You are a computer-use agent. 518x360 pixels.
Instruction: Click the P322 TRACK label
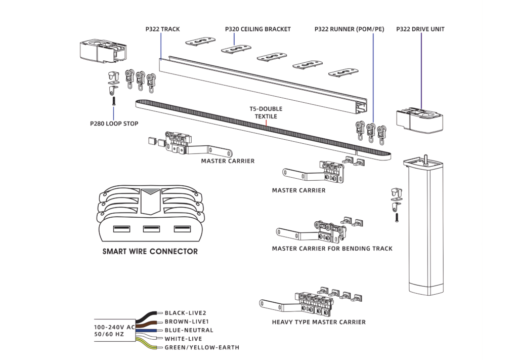(x=162, y=29)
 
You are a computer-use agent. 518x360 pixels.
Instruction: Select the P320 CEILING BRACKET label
(x=257, y=29)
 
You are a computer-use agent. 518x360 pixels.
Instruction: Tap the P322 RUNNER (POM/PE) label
(x=349, y=29)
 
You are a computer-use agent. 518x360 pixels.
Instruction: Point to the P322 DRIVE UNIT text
(x=420, y=29)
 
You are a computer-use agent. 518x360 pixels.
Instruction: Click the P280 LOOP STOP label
(x=114, y=124)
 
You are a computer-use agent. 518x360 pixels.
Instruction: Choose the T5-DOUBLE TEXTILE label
(x=266, y=112)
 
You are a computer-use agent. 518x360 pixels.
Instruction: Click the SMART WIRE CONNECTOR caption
(x=150, y=252)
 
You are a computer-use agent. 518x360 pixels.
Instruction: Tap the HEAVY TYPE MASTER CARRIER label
(x=319, y=322)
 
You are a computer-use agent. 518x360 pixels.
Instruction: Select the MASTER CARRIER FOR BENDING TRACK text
(x=332, y=249)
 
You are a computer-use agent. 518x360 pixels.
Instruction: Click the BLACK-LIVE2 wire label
(x=185, y=313)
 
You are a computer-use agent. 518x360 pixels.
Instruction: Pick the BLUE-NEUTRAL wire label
(x=189, y=330)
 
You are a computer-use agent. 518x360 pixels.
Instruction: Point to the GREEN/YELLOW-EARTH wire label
(x=202, y=347)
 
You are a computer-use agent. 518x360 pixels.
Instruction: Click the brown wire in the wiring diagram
(x=147, y=324)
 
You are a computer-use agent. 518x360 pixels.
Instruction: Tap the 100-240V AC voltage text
(x=114, y=327)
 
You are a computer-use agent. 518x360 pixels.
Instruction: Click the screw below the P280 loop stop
(x=114, y=101)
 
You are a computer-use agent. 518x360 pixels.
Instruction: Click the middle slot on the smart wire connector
(x=151, y=229)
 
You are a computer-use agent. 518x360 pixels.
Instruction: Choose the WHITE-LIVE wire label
(x=183, y=339)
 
